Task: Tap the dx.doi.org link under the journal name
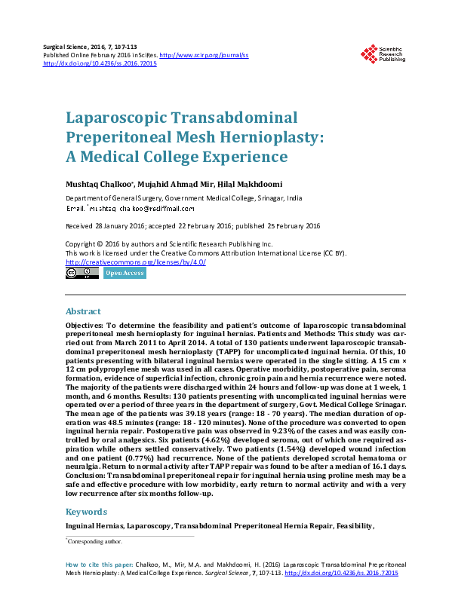[x=100, y=64]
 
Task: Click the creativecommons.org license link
[x=135, y=262]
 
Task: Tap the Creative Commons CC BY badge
[x=81, y=274]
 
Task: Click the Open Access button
[x=125, y=274]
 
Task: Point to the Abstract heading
[x=83, y=311]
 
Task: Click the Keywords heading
[x=86, y=512]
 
